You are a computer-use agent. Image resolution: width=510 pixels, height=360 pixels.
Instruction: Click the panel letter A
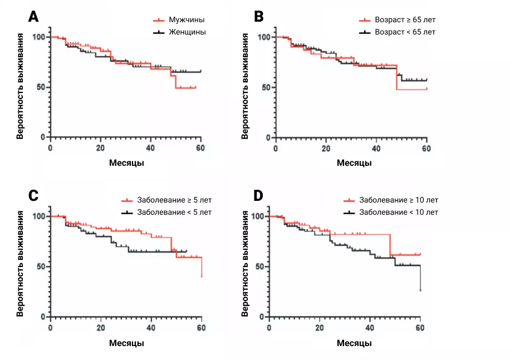coord(33,17)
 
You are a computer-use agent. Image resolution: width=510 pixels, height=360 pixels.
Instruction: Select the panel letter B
coord(259,17)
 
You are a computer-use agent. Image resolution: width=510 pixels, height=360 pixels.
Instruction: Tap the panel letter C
coord(33,195)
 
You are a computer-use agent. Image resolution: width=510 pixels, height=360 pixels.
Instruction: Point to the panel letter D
coord(259,195)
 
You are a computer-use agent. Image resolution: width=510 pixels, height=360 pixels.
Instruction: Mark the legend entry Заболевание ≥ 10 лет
coord(399,200)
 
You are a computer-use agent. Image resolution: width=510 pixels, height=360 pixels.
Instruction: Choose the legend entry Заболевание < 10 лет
coord(399,212)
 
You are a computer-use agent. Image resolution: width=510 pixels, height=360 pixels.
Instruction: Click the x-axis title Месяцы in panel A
coord(125,163)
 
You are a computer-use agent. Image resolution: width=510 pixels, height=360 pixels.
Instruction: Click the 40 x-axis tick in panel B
coord(376,147)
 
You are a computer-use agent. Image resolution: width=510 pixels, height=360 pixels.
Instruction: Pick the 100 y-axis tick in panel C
coord(40,216)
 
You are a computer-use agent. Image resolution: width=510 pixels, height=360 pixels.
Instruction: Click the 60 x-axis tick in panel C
coord(201,327)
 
